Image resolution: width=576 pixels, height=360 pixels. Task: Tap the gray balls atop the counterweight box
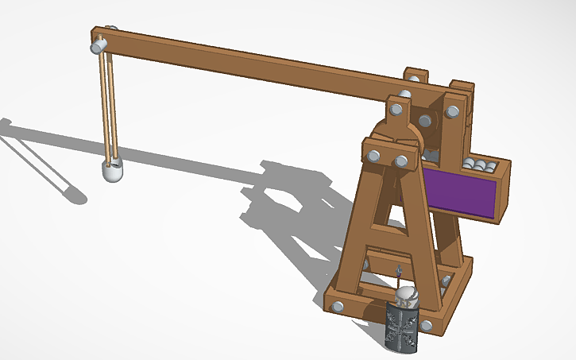click(x=480, y=165)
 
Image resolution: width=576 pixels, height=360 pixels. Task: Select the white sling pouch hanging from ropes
click(x=114, y=170)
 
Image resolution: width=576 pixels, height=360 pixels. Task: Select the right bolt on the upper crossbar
click(x=401, y=161)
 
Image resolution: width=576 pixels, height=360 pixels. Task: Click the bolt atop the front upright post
click(x=393, y=106)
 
